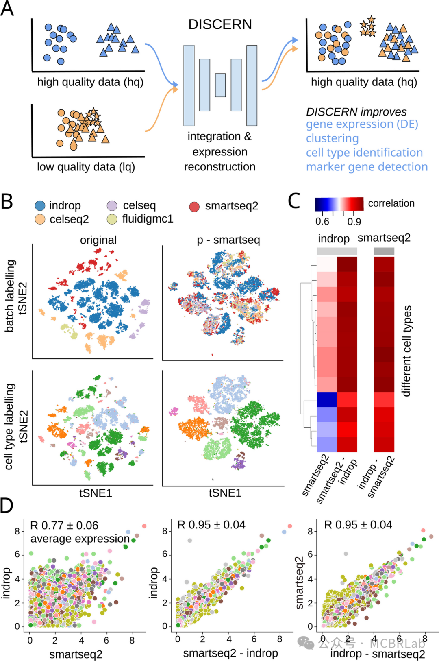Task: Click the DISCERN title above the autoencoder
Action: click(x=220, y=25)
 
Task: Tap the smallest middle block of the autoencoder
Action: click(x=220, y=85)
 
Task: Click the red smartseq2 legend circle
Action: click(x=194, y=207)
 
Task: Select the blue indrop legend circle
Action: click(x=40, y=206)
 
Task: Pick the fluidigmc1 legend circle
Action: click(x=112, y=219)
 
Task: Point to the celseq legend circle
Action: click(x=112, y=206)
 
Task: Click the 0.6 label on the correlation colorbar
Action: click(x=322, y=222)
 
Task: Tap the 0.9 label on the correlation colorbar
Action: click(x=354, y=222)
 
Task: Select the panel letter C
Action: click(x=294, y=201)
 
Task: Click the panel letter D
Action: click(x=7, y=506)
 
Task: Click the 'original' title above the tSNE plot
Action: click(x=98, y=240)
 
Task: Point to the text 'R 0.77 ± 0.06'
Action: click(x=64, y=526)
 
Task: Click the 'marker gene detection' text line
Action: click(x=367, y=167)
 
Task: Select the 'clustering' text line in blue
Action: click(x=332, y=138)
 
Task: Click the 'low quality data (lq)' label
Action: click(x=86, y=167)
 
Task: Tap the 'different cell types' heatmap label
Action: click(x=406, y=351)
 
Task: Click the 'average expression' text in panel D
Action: click(x=80, y=539)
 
